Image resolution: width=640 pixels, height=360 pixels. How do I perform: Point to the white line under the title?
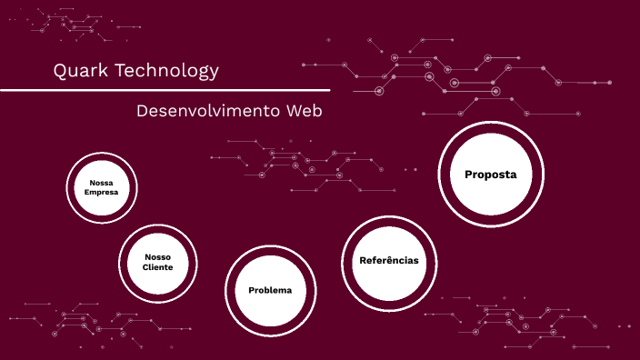164,90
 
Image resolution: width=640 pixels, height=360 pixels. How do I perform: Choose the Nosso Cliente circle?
157,262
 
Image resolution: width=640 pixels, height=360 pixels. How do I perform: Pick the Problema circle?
270,290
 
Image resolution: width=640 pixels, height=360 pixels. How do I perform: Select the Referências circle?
389,261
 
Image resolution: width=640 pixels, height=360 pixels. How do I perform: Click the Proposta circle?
490,174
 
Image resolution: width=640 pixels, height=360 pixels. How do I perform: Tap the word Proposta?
490,174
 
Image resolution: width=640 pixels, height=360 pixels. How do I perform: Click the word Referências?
389,261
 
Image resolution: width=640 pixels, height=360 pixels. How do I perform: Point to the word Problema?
270,290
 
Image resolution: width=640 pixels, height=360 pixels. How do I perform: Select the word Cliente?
157,267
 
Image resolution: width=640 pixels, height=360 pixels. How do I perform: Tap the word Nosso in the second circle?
157,256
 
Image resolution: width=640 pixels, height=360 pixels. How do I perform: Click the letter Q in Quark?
60,71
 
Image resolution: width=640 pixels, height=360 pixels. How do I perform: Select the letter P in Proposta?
469,174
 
